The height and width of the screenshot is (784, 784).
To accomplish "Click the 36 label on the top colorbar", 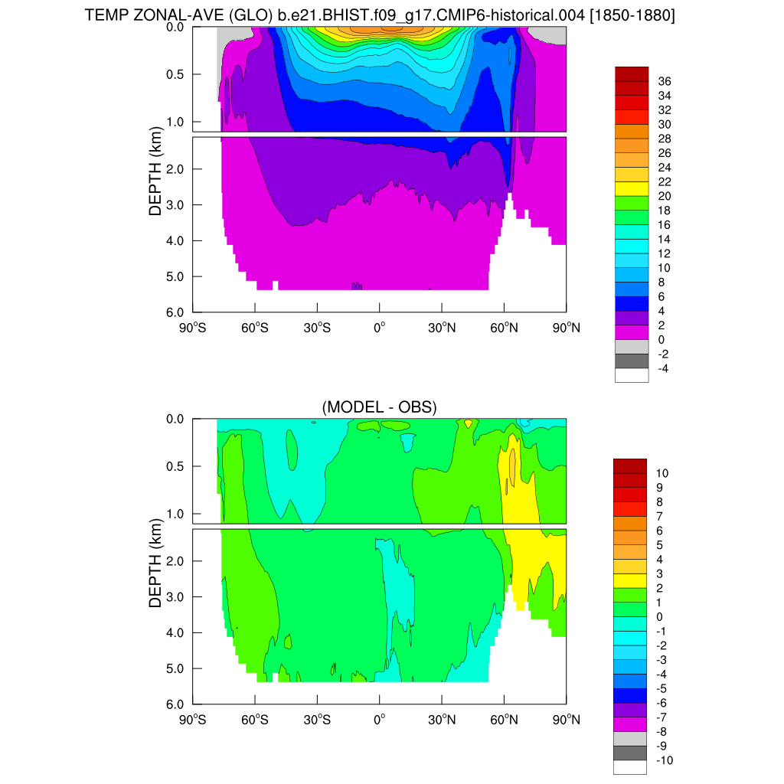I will [665, 81].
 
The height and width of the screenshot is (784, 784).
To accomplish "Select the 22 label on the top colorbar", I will [665, 181].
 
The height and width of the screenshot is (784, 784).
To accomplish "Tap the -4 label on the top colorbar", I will [665, 368].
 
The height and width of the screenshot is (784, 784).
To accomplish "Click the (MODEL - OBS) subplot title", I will [379, 407].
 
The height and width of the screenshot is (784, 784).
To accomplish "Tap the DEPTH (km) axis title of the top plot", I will [156, 168].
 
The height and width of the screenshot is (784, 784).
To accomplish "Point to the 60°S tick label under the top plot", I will [255, 327].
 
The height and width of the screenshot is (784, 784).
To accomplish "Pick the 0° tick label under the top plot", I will [379, 327].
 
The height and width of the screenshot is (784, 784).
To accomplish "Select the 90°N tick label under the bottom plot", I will [566, 720].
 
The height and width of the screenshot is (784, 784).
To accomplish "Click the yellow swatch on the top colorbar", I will [632, 188].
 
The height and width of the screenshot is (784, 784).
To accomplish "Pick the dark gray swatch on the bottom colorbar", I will [631, 753].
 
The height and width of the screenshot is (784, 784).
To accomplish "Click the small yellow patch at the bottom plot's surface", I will [468, 423].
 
